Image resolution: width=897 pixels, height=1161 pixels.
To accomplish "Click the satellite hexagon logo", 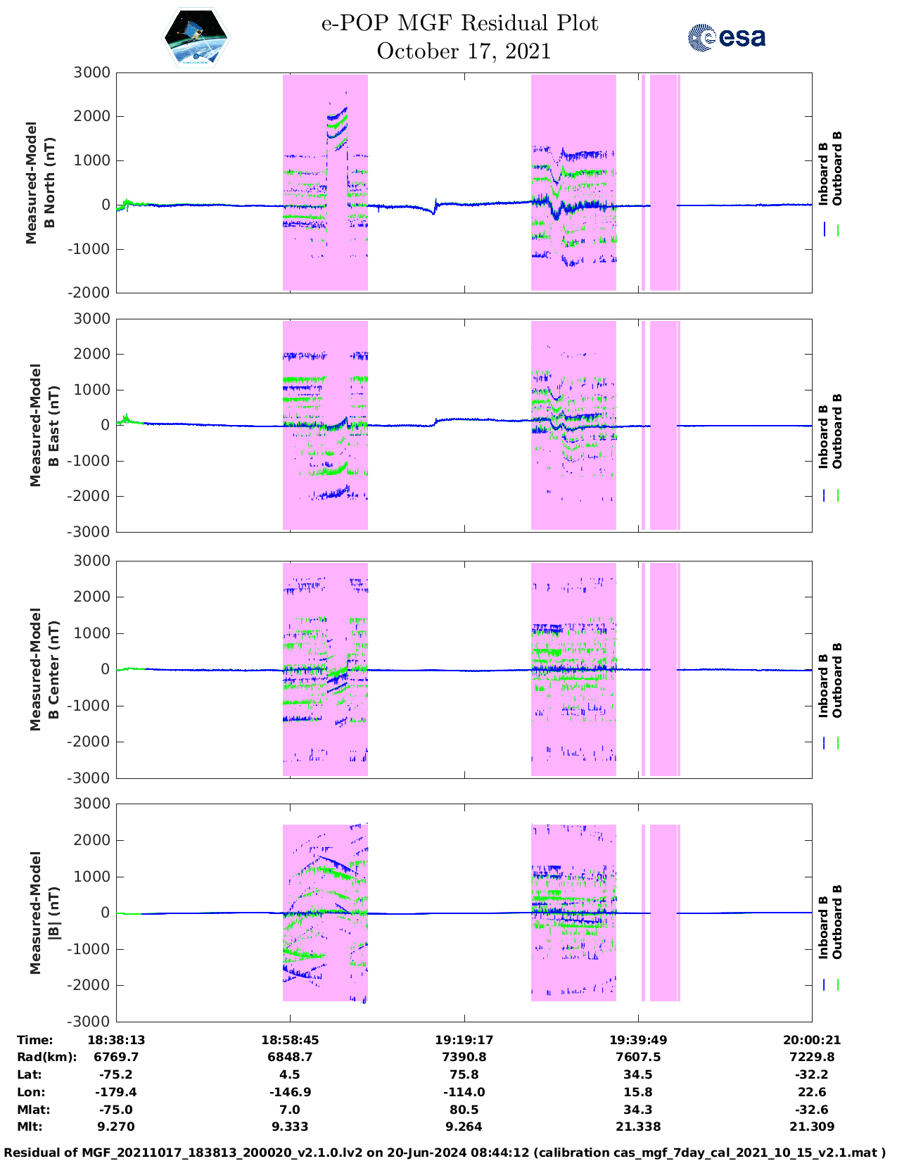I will pos(196,38).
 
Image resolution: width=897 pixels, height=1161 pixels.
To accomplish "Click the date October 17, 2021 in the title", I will pos(464,51).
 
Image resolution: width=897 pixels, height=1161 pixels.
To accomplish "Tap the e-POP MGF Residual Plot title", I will pos(459,23).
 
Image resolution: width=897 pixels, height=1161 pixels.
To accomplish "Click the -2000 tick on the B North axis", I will pos(90,293).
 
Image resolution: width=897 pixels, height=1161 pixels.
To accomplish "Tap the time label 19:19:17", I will pos(464,1040).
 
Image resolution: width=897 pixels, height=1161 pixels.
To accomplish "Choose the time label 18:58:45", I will pos(290,1040).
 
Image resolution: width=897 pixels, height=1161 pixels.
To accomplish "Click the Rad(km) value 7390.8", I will pos(464,1057).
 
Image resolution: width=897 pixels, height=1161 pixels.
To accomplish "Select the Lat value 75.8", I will pos(464,1074).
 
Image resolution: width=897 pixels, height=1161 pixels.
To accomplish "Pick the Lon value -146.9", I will pos(290,1092).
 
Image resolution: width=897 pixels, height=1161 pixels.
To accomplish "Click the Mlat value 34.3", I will pos(638,1110).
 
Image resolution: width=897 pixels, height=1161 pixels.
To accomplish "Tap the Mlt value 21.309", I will pos(812,1127).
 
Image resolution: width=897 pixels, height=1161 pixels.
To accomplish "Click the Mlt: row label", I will pos(30,1127).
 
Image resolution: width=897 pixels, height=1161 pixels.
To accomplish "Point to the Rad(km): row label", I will pos(46,1057).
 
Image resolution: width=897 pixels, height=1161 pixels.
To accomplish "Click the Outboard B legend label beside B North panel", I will pos(837,169).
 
